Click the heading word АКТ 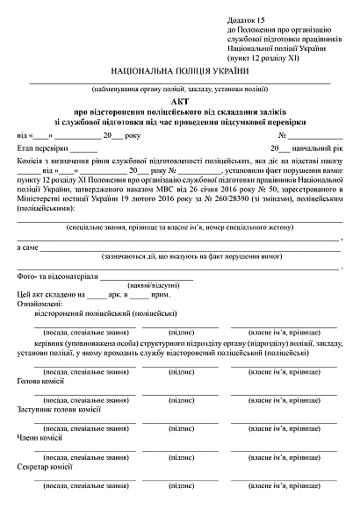pos(179,102)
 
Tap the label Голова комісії pos(41,382)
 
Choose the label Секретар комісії pos(45,466)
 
